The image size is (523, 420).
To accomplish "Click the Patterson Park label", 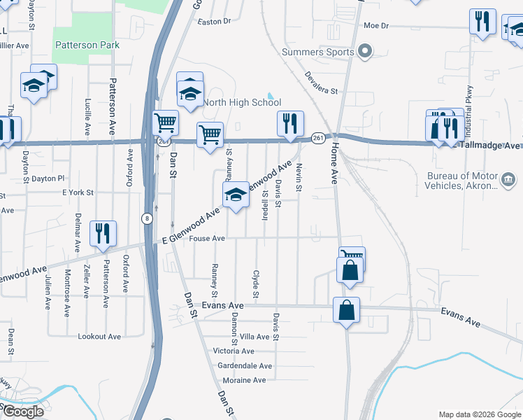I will [86, 45].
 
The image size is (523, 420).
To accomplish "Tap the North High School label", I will [241, 102].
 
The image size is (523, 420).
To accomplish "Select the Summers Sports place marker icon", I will [364, 51].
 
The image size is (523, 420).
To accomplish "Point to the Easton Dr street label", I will [215, 22].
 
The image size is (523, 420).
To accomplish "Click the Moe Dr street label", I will [375, 25].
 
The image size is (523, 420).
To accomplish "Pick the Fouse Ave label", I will [208, 239].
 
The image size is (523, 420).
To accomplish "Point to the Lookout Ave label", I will [99, 337].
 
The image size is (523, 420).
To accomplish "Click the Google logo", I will [22, 411].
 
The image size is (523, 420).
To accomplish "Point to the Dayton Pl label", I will [48, 178].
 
